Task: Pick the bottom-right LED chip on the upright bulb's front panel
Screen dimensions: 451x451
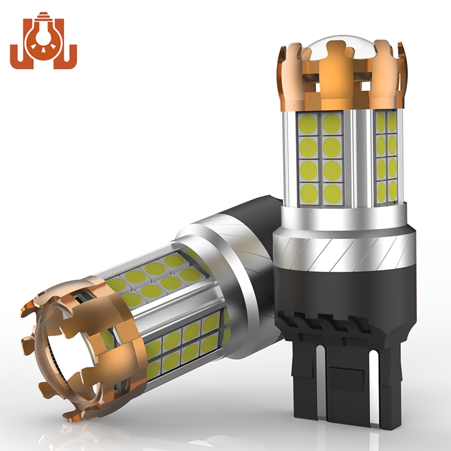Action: tap(333, 193)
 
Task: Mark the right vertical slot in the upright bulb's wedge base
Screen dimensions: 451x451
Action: tap(377, 389)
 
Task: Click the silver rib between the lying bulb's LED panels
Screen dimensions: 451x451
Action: tap(169, 310)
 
